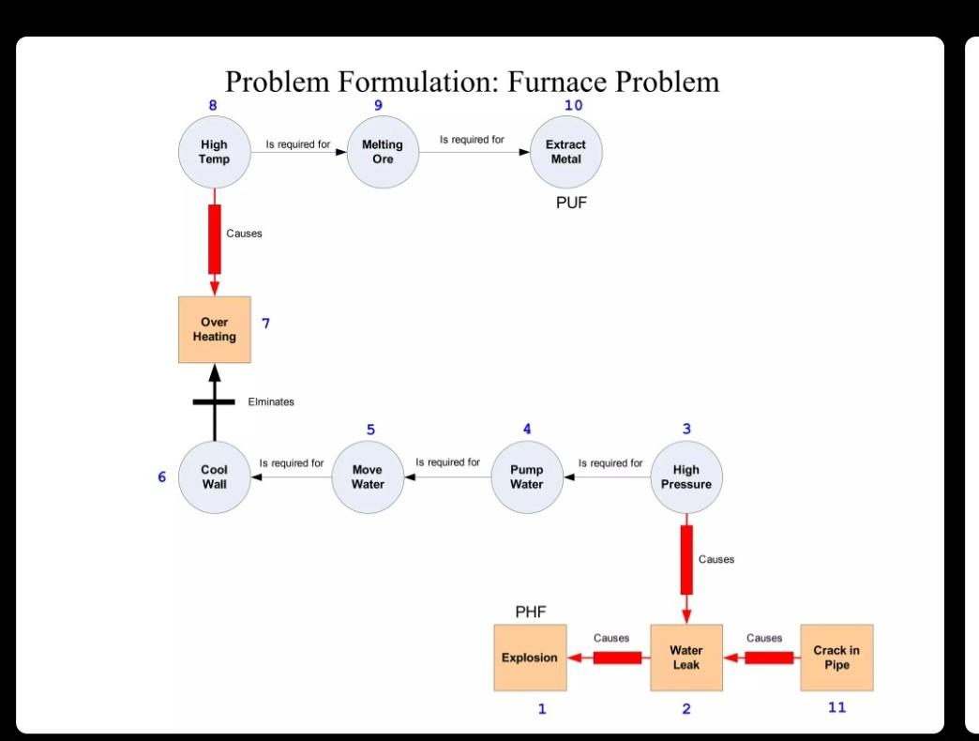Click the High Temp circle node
(214, 152)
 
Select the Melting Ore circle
(383, 152)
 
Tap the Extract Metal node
(565, 152)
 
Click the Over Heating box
(215, 329)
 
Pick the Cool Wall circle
(214, 477)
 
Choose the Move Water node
(368, 477)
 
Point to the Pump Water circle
(527, 477)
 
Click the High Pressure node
(686, 477)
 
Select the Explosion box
(530, 658)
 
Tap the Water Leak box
(686, 658)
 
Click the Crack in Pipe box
(836, 658)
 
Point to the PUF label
(571, 203)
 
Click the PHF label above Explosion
(531, 612)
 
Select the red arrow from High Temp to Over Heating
(215, 240)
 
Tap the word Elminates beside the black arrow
(271, 401)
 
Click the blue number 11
(836, 707)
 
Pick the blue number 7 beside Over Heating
(265, 324)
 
